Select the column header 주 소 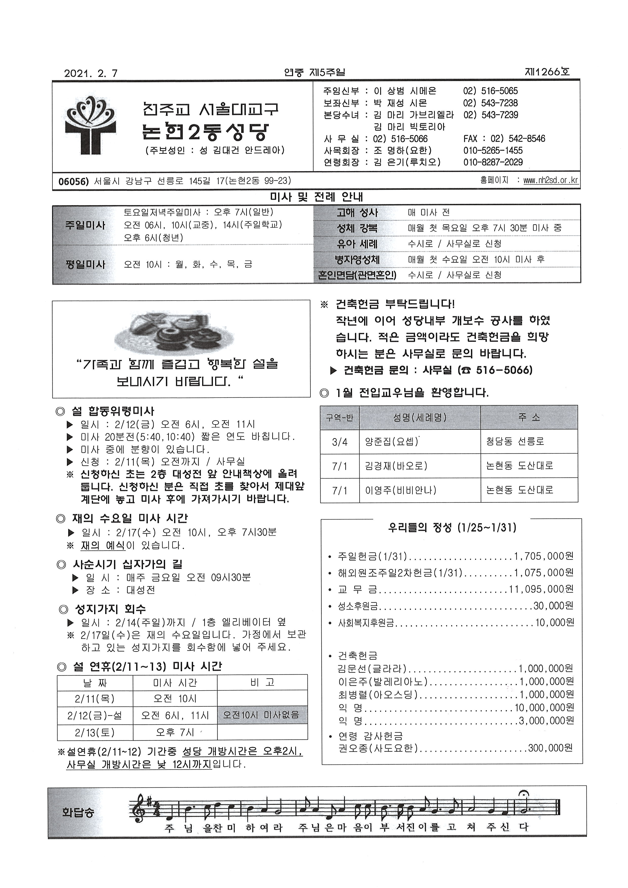(529, 417)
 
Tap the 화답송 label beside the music (78, 812)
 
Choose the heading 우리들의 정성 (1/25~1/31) (452, 528)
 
